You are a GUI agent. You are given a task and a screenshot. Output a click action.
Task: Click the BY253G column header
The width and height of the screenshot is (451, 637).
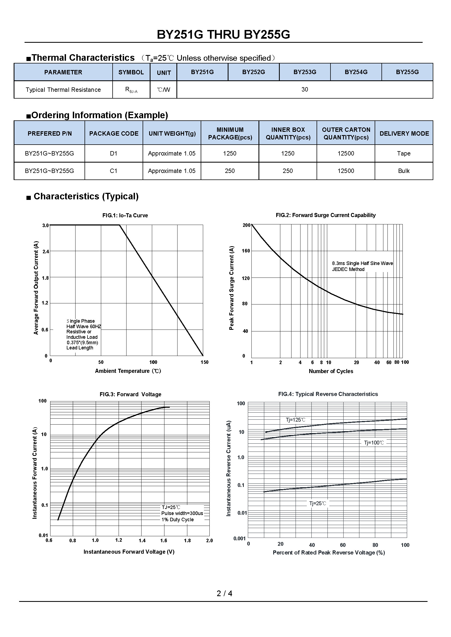click(305, 72)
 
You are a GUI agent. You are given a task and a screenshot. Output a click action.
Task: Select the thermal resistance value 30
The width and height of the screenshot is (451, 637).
click(305, 89)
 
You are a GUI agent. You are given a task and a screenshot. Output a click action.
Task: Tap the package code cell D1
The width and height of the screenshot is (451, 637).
click(114, 153)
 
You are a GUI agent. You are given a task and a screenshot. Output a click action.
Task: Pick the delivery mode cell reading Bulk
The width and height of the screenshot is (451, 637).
click(404, 171)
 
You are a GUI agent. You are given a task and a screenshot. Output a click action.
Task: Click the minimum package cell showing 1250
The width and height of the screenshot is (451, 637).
click(230, 153)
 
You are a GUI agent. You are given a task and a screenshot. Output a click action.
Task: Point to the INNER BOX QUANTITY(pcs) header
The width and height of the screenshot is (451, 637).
click(288, 133)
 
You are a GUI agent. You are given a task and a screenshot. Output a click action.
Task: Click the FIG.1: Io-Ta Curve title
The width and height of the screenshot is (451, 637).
click(125, 215)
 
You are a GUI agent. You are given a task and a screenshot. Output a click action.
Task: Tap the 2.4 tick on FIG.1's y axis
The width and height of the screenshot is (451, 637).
click(46, 252)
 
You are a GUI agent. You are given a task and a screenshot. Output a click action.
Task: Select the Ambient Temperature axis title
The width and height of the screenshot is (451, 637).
click(128, 371)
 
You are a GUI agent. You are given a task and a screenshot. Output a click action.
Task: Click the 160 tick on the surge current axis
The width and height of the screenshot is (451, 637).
click(246, 251)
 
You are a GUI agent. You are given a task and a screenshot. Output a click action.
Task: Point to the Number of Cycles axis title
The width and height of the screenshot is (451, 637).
click(331, 371)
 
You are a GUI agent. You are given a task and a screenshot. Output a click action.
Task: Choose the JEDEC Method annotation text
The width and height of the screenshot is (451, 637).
click(348, 269)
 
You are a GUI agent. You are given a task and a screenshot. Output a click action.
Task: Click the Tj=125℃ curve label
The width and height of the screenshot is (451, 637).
click(296, 420)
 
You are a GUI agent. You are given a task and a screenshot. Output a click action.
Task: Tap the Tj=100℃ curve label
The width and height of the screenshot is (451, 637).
click(374, 443)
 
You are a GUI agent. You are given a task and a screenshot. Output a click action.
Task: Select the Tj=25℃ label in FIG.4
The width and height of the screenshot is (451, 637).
click(318, 503)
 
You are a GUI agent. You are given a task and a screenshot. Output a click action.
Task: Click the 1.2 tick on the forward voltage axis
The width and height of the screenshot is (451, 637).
click(119, 540)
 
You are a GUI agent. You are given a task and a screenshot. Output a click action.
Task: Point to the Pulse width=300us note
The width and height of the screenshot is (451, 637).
click(182, 513)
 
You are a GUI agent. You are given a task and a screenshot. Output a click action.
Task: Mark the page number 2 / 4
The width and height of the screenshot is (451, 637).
click(224, 593)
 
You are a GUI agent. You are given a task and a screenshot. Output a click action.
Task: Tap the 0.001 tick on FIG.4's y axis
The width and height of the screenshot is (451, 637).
click(240, 538)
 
